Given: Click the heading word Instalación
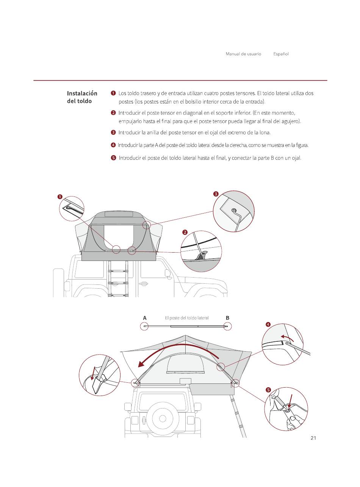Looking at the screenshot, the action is coord(82,93).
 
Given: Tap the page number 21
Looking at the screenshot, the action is coord(313,438).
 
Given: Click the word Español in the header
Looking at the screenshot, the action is coord(281,54).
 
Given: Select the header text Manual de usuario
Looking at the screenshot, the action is coord(243,54).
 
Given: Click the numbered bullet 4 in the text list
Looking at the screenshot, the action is coord(113,145).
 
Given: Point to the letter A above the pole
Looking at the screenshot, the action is coord(145,318).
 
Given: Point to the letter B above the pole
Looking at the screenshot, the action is coord(227,318).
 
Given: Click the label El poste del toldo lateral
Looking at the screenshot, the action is coord(187,318).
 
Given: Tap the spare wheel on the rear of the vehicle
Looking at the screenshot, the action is coord(163,418).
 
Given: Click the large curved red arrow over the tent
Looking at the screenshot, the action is coord(178,349).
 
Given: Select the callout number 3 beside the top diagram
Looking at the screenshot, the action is coord(216,194).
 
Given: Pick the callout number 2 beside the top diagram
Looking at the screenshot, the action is coord(185,232).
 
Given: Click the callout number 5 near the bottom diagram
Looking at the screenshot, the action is coord(268,390).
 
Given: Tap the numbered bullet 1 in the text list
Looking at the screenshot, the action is coord(113,93).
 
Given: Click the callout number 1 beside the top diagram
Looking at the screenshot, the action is coord(60,196).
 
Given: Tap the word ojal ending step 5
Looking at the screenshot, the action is coord(296,158).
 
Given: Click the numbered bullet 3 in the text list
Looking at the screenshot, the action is coord(113,132).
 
